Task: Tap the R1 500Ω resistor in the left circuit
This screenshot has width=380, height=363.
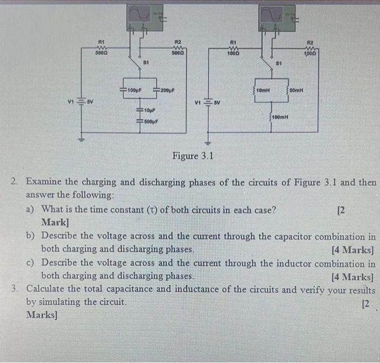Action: click(101, 48)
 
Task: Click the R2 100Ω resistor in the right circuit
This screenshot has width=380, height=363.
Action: click(311, 48)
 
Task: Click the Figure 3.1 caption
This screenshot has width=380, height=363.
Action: click(193, 156)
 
